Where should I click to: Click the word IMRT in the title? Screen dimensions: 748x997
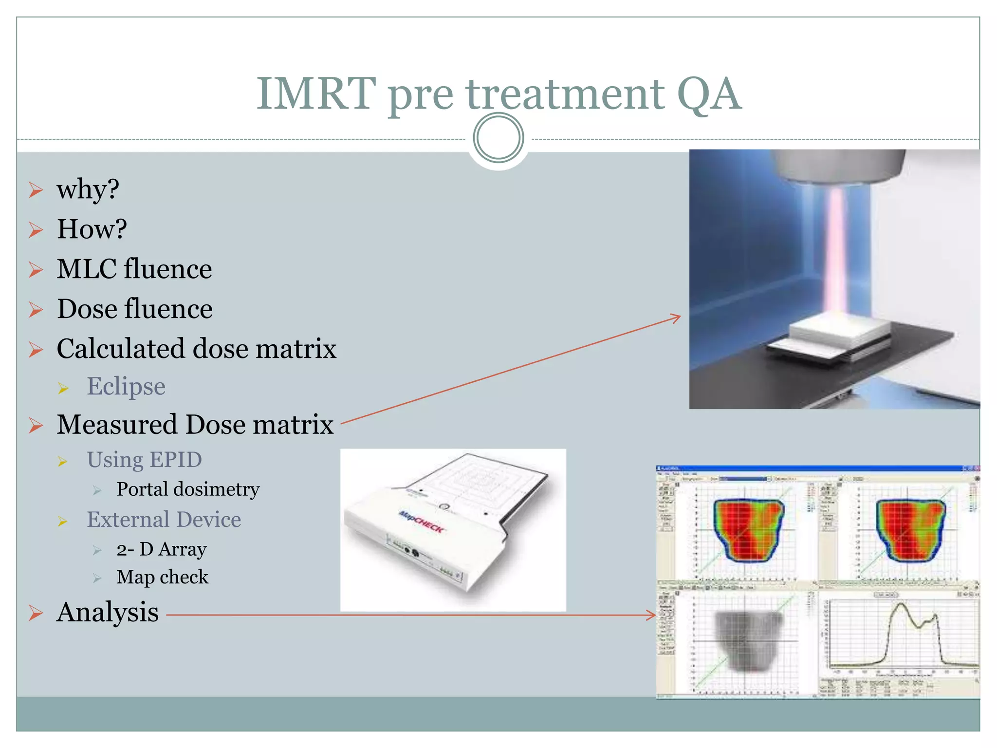click(x=316, y=93)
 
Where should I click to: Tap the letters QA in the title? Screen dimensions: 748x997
click(x=709, y=93)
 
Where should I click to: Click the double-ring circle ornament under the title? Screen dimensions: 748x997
click(x=498, y=138)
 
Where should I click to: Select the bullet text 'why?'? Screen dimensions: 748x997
click(x=88, y=189)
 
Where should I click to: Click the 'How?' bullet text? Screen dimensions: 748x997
click(x=92, y=229)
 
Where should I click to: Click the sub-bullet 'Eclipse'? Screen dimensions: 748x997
click(x=126, y=387)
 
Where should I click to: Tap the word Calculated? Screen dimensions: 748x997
click(x=122, y=349)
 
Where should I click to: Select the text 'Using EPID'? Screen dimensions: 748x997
click(x=144, y=460)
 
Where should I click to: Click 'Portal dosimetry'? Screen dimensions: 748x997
click(x=188, y=489)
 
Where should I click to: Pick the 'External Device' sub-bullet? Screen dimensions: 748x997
click(x=164, y=520)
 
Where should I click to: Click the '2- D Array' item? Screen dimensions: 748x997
click(x=162, y=549)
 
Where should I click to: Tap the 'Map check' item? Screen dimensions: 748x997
click(x=162, y=577)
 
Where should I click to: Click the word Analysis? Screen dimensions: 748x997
click(x=108, y=613)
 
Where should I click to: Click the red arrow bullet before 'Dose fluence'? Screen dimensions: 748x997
click(x=36, y=310)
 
